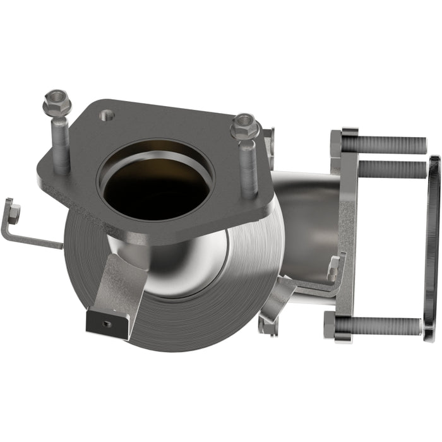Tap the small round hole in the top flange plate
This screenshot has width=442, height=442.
[107, 116]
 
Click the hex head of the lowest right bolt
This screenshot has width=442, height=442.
[330, 324]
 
